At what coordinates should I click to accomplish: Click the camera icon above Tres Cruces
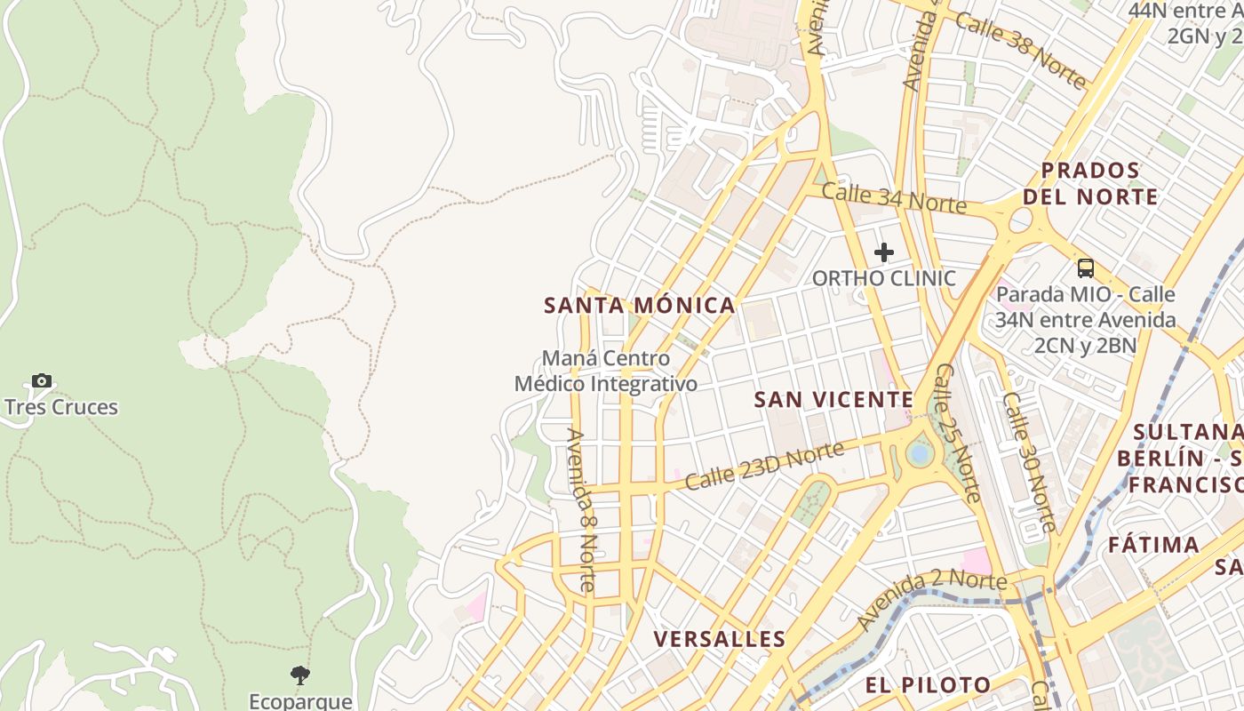42,381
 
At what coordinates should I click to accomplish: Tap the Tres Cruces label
61,408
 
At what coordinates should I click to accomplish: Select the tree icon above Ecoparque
300,675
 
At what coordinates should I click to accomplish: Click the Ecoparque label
300,701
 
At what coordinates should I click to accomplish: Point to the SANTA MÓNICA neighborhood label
640,306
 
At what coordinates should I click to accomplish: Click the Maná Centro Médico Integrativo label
606,371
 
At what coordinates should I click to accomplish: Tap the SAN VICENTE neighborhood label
833,400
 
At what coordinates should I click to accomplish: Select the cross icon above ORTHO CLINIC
883,252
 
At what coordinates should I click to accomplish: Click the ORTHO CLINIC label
884,278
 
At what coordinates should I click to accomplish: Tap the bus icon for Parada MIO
1085,268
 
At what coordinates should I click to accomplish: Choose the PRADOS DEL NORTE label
1090,184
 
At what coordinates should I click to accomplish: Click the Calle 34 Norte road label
893,197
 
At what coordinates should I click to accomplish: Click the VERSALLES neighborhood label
720,639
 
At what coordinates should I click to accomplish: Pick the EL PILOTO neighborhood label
929,685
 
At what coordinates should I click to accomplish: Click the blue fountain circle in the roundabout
920,454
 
